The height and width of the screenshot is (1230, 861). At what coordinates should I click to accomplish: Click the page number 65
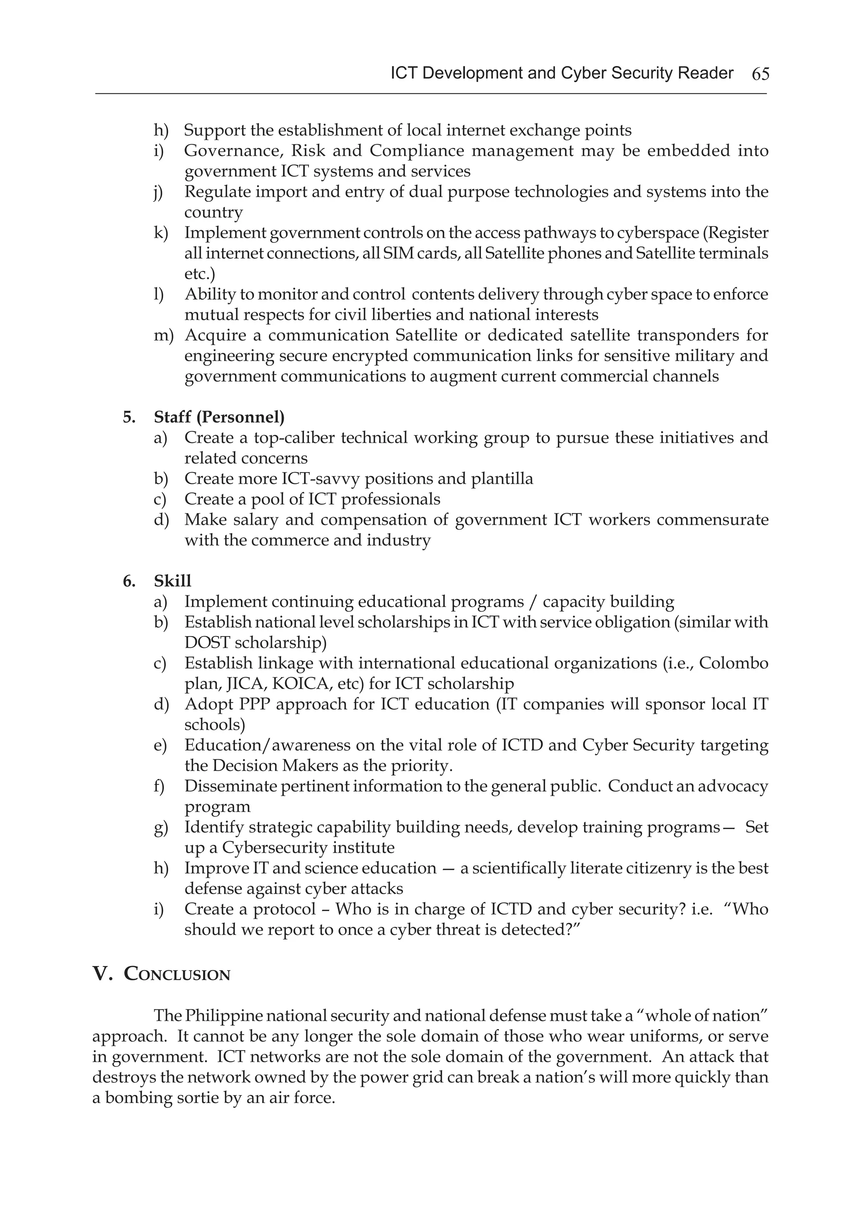coord(760,74)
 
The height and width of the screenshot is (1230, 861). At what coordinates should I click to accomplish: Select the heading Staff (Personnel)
coord(219,416)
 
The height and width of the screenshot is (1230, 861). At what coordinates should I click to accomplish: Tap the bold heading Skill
coord(172,581)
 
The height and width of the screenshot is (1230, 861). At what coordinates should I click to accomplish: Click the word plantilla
coord(502,478)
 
